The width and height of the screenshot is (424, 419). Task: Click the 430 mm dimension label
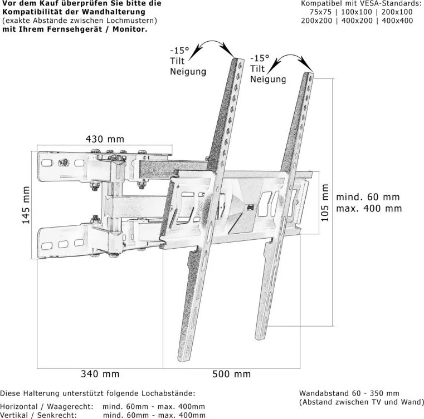pos(105,139)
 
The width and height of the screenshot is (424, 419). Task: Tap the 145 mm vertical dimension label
pos(26,205)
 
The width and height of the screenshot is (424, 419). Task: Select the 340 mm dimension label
pos(100,374)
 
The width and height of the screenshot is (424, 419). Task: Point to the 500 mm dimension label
pos(231,374)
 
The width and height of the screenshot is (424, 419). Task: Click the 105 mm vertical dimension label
pos(325,203)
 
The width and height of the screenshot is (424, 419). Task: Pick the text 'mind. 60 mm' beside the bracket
pos(368,197)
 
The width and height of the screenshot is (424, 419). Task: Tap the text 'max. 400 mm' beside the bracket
pos(369,209)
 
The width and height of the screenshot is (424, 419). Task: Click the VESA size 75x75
pos(320,12)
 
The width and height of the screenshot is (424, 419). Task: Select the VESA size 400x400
pos(397,21)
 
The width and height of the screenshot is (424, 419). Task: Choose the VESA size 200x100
pos(397,12)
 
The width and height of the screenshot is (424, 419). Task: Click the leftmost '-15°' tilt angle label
pos(179,51)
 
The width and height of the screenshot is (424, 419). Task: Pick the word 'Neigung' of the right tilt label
pos(267,79)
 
